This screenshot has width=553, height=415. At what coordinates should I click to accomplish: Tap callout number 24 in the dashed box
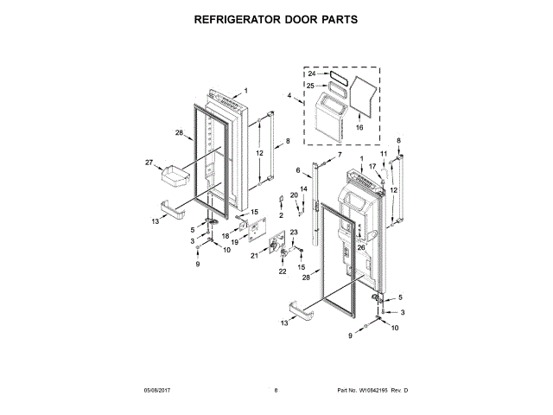coord(312,74)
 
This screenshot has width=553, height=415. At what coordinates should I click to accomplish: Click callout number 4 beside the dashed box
coord(289,95)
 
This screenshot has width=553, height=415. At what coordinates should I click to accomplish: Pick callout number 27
coord(148,162)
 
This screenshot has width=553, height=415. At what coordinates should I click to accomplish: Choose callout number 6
coord(297,169)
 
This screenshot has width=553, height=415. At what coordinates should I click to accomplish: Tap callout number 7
coord(340,154)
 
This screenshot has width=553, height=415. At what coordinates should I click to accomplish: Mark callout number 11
coord(384,154)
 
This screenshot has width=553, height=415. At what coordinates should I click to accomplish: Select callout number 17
coord(373,166)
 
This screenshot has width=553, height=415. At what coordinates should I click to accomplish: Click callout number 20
coord(294,195)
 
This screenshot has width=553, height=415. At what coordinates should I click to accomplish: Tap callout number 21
coord(254,255)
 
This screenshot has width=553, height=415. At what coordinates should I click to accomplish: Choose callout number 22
coord(282,271)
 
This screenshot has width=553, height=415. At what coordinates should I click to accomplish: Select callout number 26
coord(360,247)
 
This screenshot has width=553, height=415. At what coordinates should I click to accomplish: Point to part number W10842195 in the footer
coord(372,391)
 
